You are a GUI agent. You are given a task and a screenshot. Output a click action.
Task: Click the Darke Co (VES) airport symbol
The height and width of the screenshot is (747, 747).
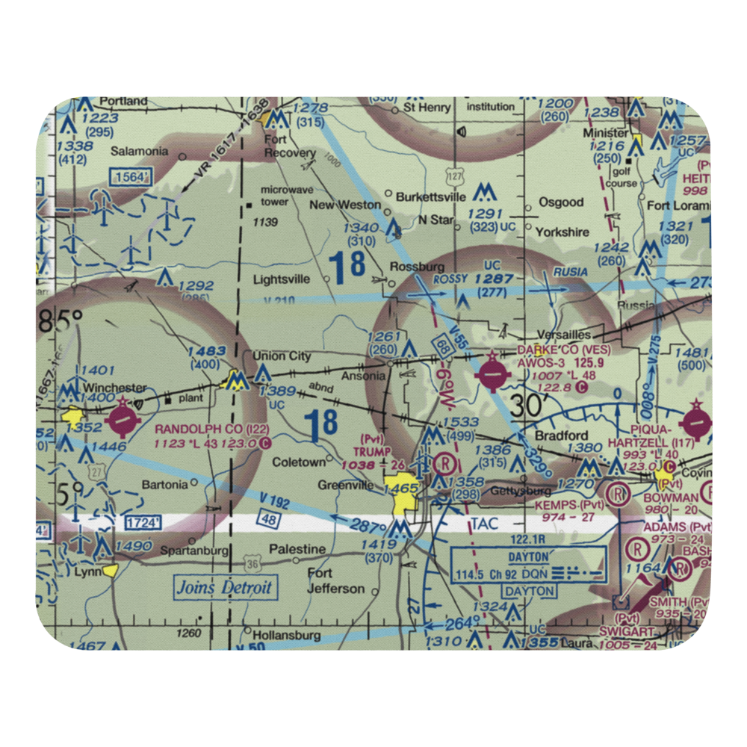click(x=492, y=372)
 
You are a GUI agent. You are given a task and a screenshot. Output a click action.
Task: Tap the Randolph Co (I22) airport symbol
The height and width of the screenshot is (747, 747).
click(x=122, y=420)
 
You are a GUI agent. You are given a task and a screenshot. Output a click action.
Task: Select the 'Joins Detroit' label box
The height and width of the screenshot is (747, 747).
click(x=224, y=587)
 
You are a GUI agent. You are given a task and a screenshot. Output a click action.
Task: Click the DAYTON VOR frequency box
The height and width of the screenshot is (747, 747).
click(x=529, y=565)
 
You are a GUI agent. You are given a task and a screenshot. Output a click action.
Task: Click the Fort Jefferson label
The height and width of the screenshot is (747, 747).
click(x=335, y=580)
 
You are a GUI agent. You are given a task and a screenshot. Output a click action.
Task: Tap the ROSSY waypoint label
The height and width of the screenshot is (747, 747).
click(x=450, y=278)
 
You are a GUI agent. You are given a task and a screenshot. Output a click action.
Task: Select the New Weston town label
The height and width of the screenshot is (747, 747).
click(x=344, y=205)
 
